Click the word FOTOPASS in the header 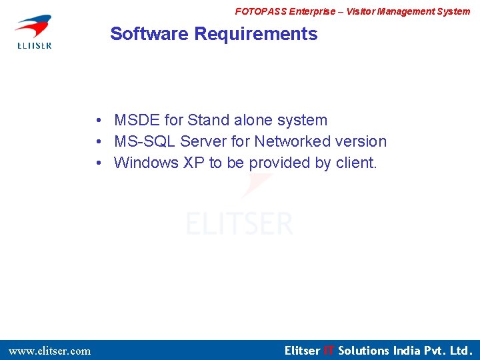coord(261,11)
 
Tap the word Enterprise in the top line coord(313,11)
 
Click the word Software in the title coord(149,34)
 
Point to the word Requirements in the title coord(256,34)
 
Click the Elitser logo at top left coord(34,31)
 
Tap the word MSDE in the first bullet coord(137,121)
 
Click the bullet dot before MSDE coord(98,121)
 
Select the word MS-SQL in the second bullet coord(145,142)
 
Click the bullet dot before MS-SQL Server coord(98,142)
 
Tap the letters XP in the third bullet coord(194,163)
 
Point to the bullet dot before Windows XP coord(98,163)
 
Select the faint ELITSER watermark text coord(239,223)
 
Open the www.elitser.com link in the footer coord(49,351)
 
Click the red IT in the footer coord(329,351)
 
